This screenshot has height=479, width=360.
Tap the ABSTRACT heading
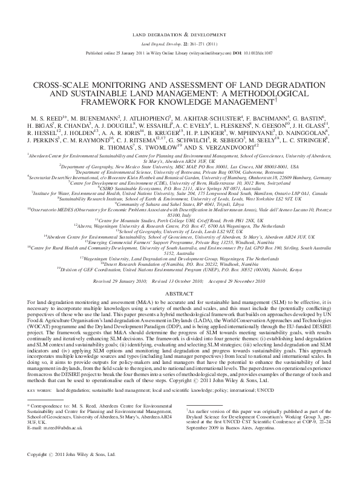pyautogui.click(x=179, y=291)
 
